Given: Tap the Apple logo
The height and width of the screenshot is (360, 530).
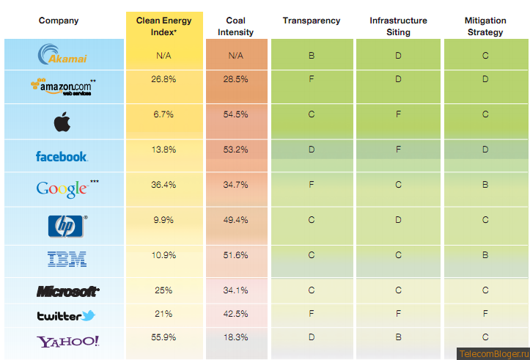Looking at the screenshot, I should pyautogui.click(x=62, y=122).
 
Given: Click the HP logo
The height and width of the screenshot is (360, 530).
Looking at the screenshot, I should pyautogui.click(x=67, y=226).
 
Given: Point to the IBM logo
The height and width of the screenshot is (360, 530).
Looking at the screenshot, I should pyautogui.click(x=67, y=258).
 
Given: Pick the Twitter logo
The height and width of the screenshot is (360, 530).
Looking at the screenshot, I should pyautogui.click(x=67, y=315).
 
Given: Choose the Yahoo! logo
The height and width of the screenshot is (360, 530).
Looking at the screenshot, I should pyautogui.click(x=68, y=341).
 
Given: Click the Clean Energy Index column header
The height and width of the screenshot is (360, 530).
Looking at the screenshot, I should pyautogui.click(x=164, y=26).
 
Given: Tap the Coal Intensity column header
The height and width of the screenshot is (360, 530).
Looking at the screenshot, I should pyautogui.click(x=235, y=26).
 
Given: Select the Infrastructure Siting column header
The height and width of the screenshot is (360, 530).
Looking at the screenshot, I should pyautogui.click(x=398, y=26).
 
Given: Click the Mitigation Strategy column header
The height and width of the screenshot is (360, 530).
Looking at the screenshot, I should pyautogui.click(x=485, y=26).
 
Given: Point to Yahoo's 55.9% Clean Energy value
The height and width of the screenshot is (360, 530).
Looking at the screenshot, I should pyautogui.click(x=164, y=337).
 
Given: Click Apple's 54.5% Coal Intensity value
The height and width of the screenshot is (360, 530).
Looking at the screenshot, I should pyautogui.click(x=235, y=114).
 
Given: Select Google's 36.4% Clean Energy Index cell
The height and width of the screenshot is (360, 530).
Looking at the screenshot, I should pyautogui.click(x=164, y=185).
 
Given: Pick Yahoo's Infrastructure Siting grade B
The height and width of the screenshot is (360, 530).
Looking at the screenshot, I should pyautogui.click(x=398, y=337).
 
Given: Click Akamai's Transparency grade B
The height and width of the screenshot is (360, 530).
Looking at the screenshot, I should pyautogui.click(x=312, y=55).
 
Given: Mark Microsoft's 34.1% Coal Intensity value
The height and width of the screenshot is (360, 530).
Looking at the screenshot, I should pyautogui.click(x=235, y=290).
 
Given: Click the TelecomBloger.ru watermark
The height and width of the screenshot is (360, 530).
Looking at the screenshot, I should pyautogui.click(x=493, y=353).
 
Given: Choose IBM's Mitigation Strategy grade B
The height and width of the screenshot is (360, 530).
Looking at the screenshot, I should pyautogui.click(x=485, y=255).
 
